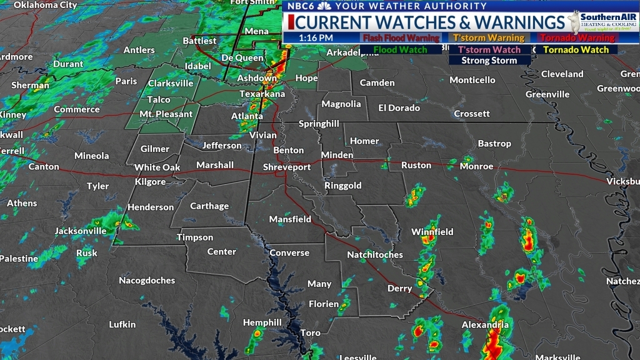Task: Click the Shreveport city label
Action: click(286, 167)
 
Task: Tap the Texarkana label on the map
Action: click(262, 94)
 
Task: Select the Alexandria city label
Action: click(484, 325)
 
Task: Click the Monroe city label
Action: click(476, 166)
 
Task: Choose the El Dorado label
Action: click(399, 107)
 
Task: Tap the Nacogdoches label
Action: click(147, 281)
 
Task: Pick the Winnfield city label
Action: click(432, 232)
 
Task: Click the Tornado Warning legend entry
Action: click(577, 38)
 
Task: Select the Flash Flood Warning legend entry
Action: click(401, 38)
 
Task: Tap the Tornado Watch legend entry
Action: click(576, 50)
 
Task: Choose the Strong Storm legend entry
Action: click(489, 61)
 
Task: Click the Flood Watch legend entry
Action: click(401, 50)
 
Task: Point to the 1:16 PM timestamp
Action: click(316, 37)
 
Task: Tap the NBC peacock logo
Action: click(324, 6)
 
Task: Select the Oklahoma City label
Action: click(45, 5)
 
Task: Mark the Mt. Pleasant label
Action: click(166, 114)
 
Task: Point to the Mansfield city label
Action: click(290, 219)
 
